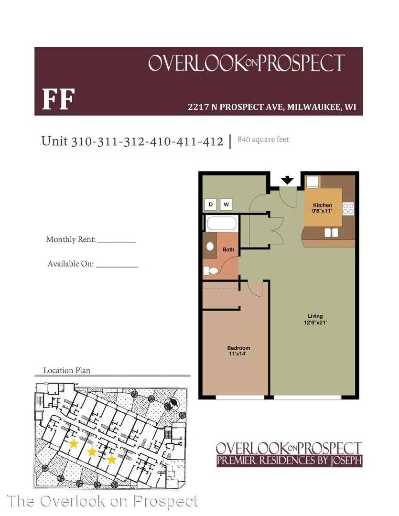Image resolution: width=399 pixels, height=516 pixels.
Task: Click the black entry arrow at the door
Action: pyautogui.click(x=287, y=180)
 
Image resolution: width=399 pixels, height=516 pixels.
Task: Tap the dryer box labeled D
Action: pyautogui.click(x=211, y=204)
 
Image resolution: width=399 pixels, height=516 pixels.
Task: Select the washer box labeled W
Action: pyautogui.click(x=226, y=204)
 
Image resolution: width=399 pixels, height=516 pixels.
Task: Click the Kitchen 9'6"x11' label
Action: pyautogui.click(x=322, y=208)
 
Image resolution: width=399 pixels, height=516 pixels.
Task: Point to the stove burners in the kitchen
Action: pyautogui.click(x=348, y=209)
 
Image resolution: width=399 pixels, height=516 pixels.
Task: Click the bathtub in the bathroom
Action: pyautogui.click(x=222, y=223)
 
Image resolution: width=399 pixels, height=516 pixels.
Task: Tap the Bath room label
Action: pyautogui.click(x=228, y=249)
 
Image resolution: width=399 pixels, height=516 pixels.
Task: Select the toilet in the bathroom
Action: pyautogui.click(x=211, y=271)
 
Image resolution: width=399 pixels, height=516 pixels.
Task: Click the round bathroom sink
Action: pyautogui.click(x=210, y=246)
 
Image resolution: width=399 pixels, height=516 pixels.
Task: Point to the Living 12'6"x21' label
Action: pyautogui.click(x=315, y=319)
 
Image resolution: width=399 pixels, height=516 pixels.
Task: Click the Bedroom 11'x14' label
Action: pyautogui.click(x=238, y=351)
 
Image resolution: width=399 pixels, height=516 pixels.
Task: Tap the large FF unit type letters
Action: pyautogui.click(x=58, y=99)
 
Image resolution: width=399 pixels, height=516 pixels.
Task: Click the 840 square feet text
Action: pyautogui.click(x=263, y=140)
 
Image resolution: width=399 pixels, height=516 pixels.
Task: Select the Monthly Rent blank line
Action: pyautogui.click(x=117, y=243)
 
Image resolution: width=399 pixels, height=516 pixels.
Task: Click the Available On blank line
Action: pyautogui.click(x=117, y=267)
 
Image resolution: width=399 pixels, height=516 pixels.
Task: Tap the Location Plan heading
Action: pyautogui.click(x=67, y=371)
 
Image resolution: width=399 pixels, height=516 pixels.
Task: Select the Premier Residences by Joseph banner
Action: pyautogui.click(x=289, y=460)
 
